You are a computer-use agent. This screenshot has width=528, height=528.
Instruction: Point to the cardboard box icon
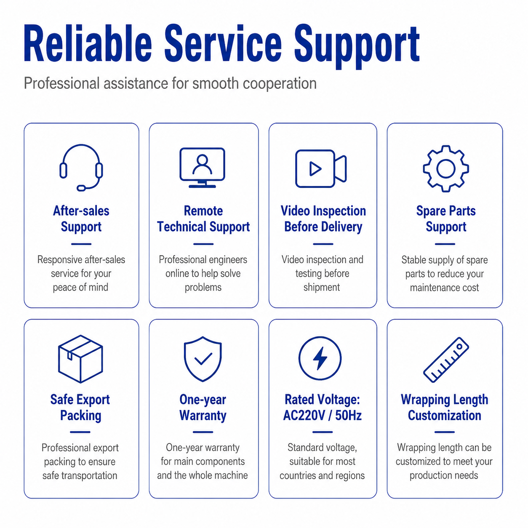tap(80, 359)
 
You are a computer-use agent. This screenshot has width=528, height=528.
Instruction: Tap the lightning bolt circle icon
tap(320, 358)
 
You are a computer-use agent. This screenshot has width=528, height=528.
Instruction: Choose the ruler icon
tap(446, 360)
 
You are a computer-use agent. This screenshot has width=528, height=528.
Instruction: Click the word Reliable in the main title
tap(88, 44)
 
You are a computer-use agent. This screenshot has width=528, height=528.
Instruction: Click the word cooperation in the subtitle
tap(280, 83)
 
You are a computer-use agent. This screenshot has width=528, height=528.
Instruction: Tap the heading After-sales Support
tap(81, 219)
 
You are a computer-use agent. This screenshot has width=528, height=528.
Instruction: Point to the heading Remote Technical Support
tap(203, 219)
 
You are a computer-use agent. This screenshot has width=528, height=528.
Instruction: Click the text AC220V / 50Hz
tap(322, 416)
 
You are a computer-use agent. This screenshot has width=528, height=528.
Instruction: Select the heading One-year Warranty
tap(203, 408)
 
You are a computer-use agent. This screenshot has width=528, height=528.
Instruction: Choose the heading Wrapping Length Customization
tap(445, 408)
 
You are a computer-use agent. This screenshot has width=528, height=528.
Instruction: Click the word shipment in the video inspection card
tap(322, 287)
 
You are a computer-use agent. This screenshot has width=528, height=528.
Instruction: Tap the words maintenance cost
tap(445, 288)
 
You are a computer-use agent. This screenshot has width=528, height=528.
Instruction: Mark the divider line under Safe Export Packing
tap(80, 432)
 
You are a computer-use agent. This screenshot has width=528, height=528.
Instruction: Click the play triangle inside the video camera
tap(315, 168)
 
